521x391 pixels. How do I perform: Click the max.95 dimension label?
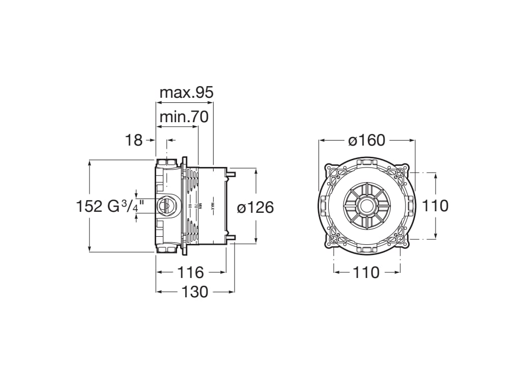click(186, 93)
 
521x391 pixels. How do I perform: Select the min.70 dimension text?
click(184, 117)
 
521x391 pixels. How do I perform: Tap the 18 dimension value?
click(134, 140)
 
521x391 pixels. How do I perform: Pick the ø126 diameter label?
click(255, 207)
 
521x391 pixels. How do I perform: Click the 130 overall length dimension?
click(194, 292)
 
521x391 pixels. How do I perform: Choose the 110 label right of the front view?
click(436, 206)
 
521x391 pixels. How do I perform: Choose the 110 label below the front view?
click(366, 272)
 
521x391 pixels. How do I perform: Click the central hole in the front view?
click(366, 206)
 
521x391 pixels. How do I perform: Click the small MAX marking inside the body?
click(214, 206)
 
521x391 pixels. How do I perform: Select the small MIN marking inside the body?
click(200, 206)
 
